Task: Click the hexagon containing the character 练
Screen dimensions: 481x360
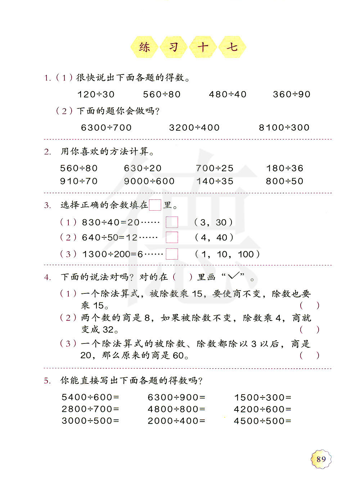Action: (x=144, y=47)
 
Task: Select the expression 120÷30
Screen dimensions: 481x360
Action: (x=96, y=94)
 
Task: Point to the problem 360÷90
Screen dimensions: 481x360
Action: (x=291, y=94)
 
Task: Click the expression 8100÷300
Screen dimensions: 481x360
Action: (x=284, y=127)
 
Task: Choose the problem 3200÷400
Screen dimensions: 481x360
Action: (x=194, y=127)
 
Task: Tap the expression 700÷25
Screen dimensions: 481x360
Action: (x=215, y=168)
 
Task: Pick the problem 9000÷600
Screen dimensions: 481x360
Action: (x=149, y=181)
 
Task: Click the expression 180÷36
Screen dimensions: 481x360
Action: (x=284, y=168)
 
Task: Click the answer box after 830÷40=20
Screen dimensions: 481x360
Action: (x=172, y=222)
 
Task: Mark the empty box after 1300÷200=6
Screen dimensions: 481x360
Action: (x=172, y=254)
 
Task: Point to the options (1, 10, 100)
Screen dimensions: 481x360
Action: (x=227, y=254)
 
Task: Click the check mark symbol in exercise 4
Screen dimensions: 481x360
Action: (x=233, y=276)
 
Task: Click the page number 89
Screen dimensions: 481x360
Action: (x=321, y=459)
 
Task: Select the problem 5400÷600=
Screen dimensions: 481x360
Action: (x=90, y=397)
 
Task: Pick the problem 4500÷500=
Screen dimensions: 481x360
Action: (x=262, y=421)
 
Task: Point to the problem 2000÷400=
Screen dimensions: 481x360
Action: (x=176, y=421)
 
